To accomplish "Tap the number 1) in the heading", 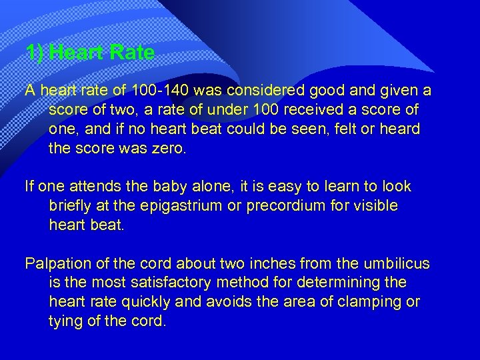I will [x=35, y=52].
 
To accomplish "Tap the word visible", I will [x=375, y=206].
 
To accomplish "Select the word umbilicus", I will [x=398, y=263].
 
